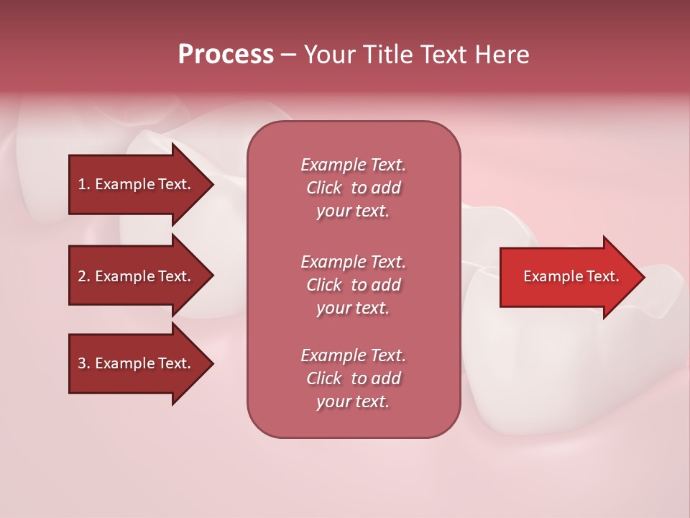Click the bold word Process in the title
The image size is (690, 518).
[x=226, y=55]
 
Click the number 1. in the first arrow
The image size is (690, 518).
[x=83, y=184]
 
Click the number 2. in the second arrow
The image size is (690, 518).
[x=83, y=276]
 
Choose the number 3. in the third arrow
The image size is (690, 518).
[x=83, y=363]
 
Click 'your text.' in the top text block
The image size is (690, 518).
[x=353, y=212]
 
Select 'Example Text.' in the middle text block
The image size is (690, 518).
[x=353, y=262]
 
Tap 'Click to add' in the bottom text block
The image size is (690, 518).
[x=353, y=378]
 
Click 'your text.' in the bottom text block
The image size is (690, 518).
[x=353, y=402]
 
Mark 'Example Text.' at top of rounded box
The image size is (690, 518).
[x=353, y=165]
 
